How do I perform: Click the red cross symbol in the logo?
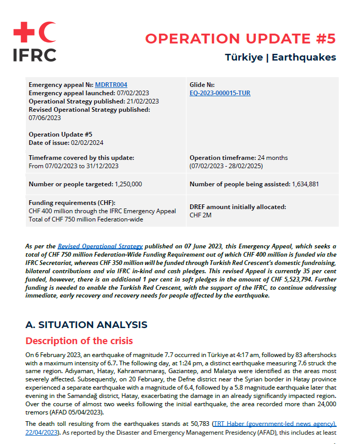(x=23, y=32)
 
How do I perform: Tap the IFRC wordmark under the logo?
(x=34, y=54)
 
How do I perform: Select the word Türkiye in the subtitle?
(x=243, y=57)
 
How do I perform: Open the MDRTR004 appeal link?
(x=111, y=85)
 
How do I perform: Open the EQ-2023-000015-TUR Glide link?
(x=220, y=93)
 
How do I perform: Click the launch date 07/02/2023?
(x=133, y=93)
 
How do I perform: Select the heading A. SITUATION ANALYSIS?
(x=87, y=325)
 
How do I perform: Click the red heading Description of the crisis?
(x=79, y=341)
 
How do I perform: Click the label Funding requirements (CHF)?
(x=72, y=203)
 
